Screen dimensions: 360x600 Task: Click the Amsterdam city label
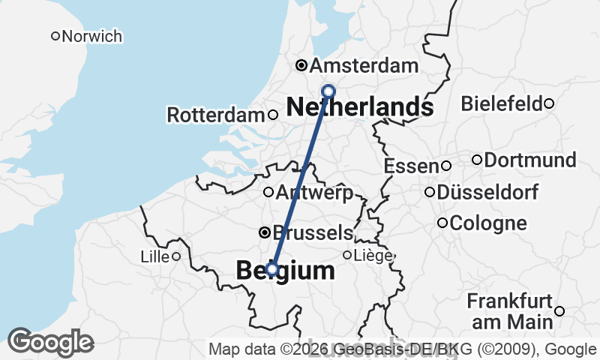coord(364,65)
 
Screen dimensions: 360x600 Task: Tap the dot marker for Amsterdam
coord(301,65)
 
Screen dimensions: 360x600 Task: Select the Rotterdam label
coord(216,115)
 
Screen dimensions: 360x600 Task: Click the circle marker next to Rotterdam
coord(273,115)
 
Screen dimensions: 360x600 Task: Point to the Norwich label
coord(92,36)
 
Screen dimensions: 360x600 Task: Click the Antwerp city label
coord(314,193)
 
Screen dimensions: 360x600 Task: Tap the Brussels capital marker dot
coord(265,232)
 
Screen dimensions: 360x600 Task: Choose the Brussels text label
coord(313,232)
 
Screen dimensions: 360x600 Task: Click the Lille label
coord(154,256)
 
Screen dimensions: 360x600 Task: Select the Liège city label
coord(373,256)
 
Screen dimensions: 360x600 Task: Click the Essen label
coord(410,166)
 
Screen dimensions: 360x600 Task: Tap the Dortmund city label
coord(530,160)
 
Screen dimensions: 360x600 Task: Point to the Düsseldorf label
coord(487,193)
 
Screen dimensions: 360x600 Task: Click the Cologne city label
coord(489,223)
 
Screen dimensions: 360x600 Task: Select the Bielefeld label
coord(502,103)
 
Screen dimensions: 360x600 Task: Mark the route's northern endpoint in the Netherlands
coord(328,91)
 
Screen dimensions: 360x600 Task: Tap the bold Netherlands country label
coord(360,107)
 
